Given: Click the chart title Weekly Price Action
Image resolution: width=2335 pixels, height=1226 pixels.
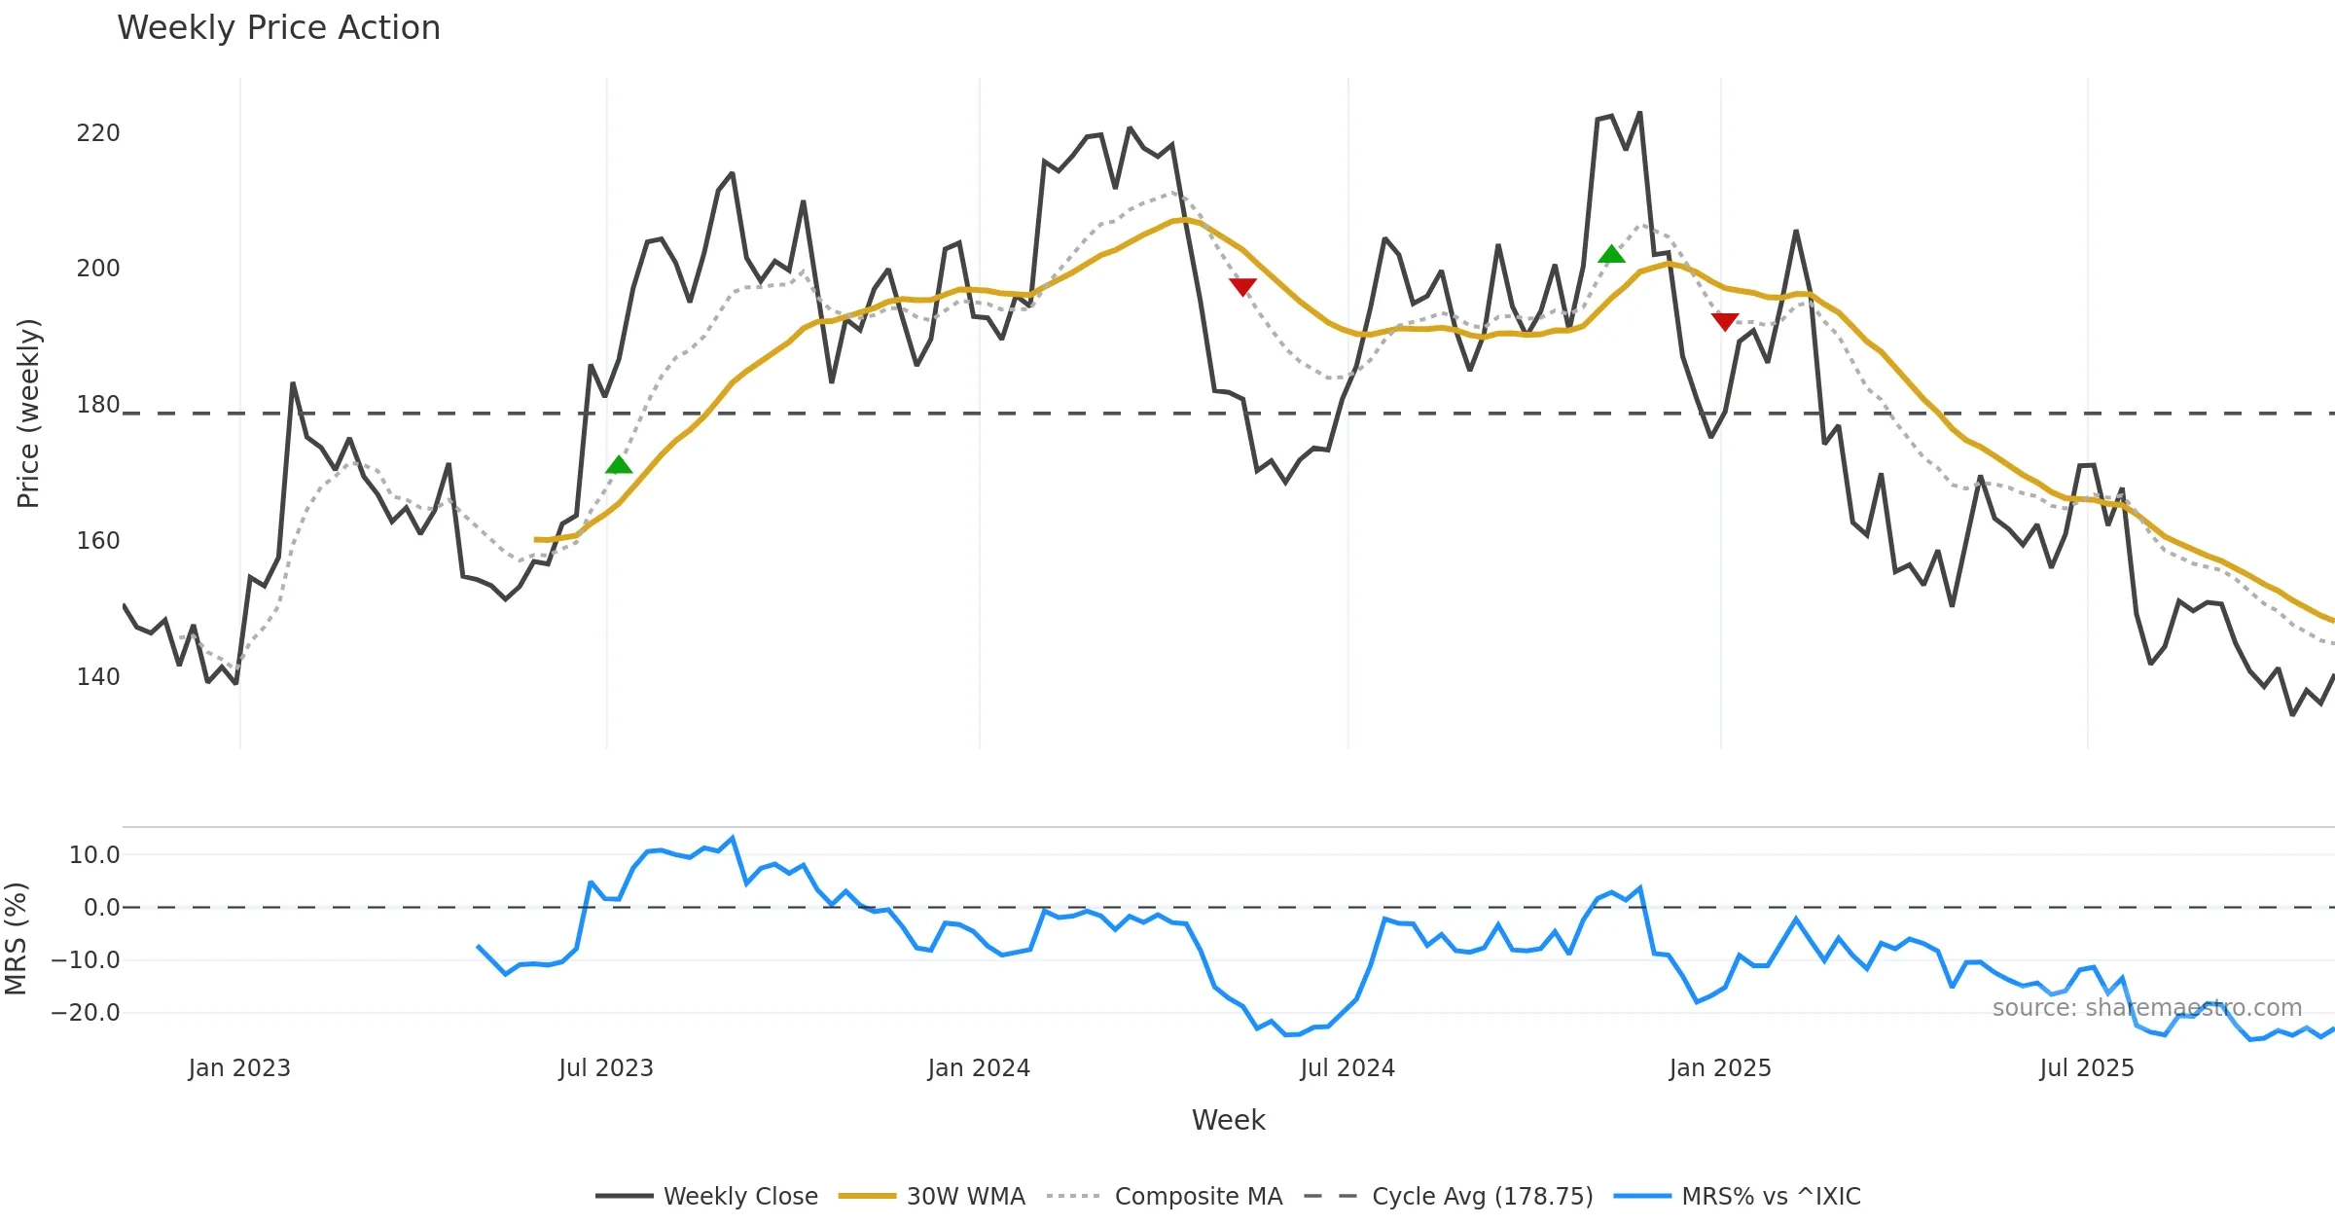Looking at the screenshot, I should (278, 28).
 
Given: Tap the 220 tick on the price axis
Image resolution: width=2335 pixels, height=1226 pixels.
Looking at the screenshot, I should (98, 133).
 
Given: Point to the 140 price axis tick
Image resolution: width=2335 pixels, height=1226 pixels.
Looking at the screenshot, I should (98, 677).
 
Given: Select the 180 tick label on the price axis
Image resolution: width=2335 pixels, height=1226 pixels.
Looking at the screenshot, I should (98, 405).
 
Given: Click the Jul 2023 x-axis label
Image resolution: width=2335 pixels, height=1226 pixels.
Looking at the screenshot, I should (605, 1068).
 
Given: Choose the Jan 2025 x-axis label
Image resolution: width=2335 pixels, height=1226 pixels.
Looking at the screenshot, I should (1719, 1068).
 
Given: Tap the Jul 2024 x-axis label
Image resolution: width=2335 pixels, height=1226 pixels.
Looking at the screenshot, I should (1347, 1068).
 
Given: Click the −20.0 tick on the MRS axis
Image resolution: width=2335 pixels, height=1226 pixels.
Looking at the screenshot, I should (86, 1013).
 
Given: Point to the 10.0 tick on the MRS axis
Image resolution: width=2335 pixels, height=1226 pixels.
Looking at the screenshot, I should (94, 855).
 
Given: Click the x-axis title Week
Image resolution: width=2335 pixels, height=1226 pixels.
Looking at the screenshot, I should (1228, 1121).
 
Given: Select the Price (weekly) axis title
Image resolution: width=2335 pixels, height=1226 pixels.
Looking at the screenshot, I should (28, 414).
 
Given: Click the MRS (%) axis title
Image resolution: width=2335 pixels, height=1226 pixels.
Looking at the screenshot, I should (16, 939).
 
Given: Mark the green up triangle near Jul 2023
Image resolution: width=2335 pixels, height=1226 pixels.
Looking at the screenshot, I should (619, 465).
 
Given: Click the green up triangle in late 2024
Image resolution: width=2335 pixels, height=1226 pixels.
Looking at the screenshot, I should (1611, 255).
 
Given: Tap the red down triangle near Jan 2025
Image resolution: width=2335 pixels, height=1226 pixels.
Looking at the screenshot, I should (1724, 321).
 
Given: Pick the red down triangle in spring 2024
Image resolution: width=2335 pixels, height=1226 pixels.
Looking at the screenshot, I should (1242, 286).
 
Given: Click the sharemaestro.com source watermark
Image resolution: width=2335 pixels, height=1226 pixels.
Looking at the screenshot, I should (2146, 1008).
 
